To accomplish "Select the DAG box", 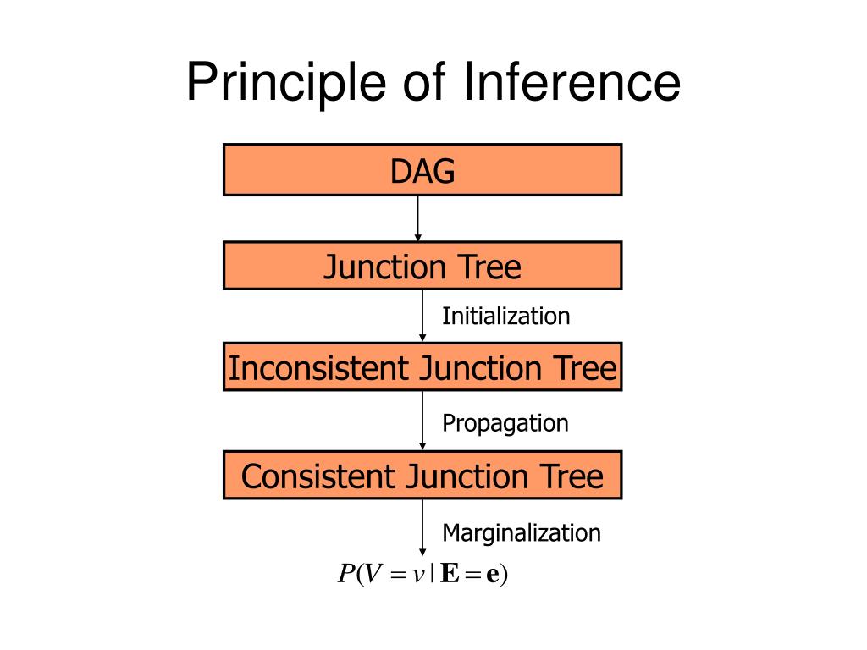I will click(x=422, y=170).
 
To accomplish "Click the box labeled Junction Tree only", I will click(x=422, y=266).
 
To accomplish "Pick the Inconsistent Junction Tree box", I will click(x=422, y=366).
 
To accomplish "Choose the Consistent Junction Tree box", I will click(x=422, y=475).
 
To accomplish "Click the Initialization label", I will click(x=505, y=317).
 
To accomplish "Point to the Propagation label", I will click(x=505, y=422).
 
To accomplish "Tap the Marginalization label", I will click(x=521, y=532).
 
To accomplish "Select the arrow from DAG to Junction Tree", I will click(x=417, y=218).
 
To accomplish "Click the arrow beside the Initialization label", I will click(x=422, y=315).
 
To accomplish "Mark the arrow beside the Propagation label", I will click(x=422, y=420).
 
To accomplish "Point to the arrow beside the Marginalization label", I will click(x=422, y=527).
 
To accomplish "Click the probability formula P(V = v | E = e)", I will click(x=422, y=575).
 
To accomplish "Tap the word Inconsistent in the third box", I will click(x=320, y=368).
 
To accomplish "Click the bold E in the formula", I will click(x=450, y=575).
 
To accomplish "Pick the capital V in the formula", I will click(x=373, y=575).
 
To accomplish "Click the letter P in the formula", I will click(x=345, y=575).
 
